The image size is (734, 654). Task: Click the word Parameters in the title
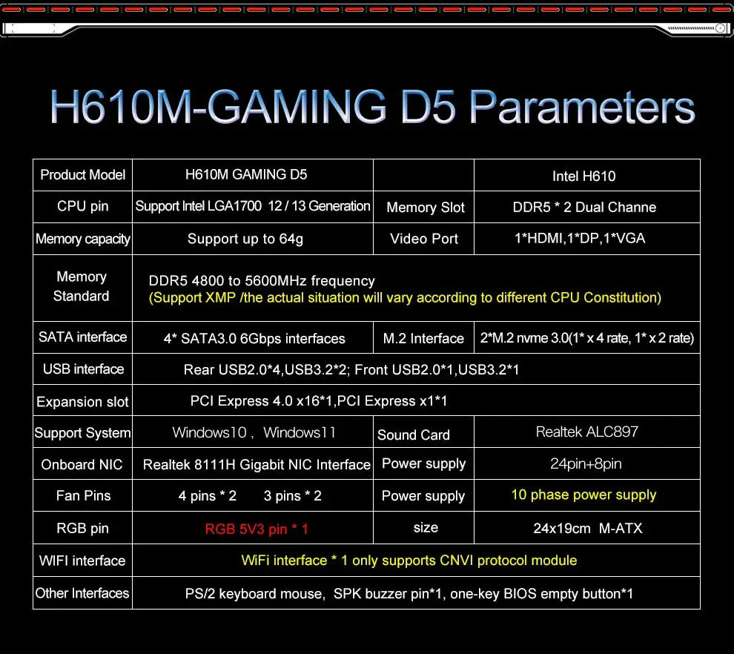point(583,108)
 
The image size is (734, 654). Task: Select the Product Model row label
point(82,175)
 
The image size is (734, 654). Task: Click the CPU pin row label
point(82,206)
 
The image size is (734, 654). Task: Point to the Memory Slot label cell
point(425,208)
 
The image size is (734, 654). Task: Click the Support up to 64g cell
point(245,239)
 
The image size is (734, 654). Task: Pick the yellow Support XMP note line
point(405,298)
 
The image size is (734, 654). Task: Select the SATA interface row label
point(82,337)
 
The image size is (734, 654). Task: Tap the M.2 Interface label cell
point(423,339)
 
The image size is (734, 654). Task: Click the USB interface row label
point(83,369)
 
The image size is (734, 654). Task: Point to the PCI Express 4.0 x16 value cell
point(319,401)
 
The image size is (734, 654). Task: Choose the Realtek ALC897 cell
point(586,432)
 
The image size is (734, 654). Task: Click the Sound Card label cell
point(414,435)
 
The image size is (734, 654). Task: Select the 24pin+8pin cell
point(587,464)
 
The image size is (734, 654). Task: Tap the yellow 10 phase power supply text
point(583,495)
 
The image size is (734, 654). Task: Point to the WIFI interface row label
point(82,561)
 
